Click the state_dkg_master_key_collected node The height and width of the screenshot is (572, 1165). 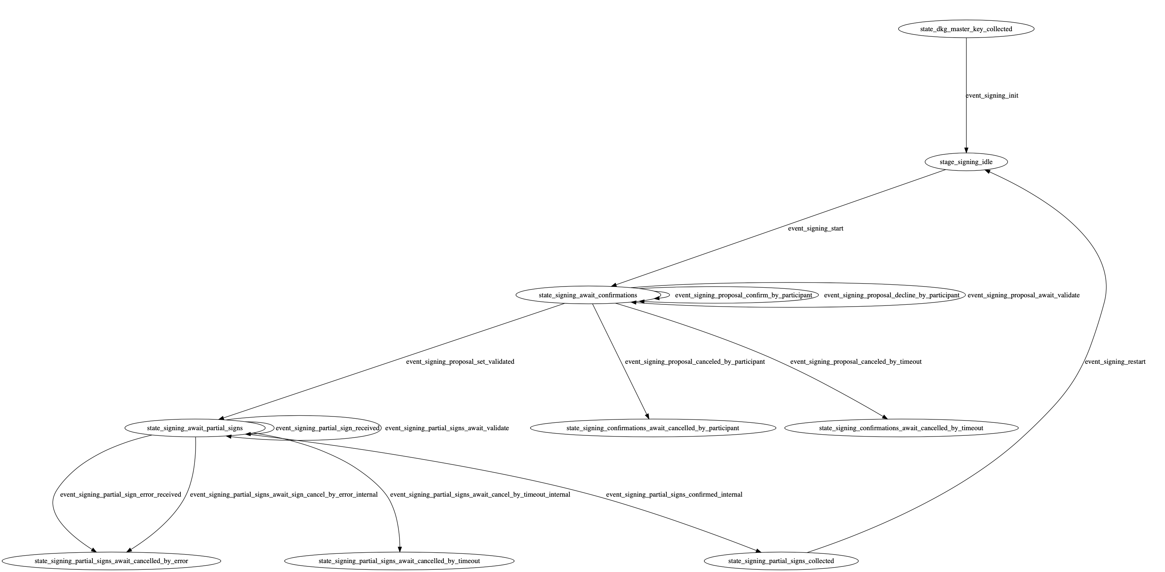[966, 29]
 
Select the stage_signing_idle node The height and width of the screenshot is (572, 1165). [966, 162]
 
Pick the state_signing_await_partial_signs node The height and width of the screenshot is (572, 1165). [195, 428]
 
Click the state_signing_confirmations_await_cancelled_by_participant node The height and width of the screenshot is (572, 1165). [653, 428]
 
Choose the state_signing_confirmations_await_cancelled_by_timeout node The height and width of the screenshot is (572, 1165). [901, 428]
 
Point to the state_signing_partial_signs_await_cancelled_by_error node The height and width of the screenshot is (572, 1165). [111, 561]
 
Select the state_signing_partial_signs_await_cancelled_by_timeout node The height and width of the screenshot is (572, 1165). [399, 561]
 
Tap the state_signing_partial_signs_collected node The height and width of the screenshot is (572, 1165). [781, 561]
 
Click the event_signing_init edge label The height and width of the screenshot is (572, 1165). [992, 95]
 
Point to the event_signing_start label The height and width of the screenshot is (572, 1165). [815, 229]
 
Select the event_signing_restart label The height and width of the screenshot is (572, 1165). [1115, 362]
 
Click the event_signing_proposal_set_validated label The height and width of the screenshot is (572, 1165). [460, 362]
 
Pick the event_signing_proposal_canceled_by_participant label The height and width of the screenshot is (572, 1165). [695, 362]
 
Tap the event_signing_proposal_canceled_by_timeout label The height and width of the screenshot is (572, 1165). [856, 362]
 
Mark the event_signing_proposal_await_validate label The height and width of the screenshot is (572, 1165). [1023, 295]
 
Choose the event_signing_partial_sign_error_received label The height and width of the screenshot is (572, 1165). [120, 495]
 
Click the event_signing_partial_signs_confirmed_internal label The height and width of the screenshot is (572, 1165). [674, 495]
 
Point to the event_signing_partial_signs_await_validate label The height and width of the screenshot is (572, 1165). [447, 428]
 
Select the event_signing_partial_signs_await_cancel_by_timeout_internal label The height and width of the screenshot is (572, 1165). [480, 495]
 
